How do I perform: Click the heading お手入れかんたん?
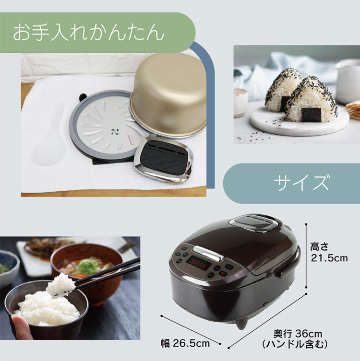tap(88, 33)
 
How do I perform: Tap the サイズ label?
tap(301, 183)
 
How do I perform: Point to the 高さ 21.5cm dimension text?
tap(329, 252)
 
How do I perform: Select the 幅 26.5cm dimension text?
tap(185, 344)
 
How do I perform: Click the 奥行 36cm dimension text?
tap(298, 334)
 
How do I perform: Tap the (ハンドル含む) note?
tap(295, 344)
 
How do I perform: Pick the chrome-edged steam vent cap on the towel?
tap(164, 159)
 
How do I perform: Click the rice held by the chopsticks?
tap(61, 285)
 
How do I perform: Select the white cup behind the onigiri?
tap(348, 80)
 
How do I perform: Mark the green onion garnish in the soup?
tap(85, 266)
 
